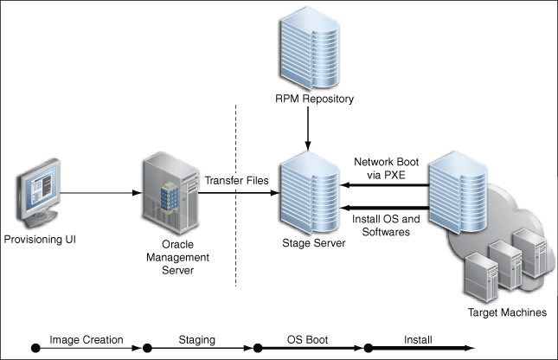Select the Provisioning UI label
[41, 239]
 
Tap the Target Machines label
[505, 312]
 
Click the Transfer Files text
[236, 180]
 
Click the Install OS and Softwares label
[386, 225]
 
